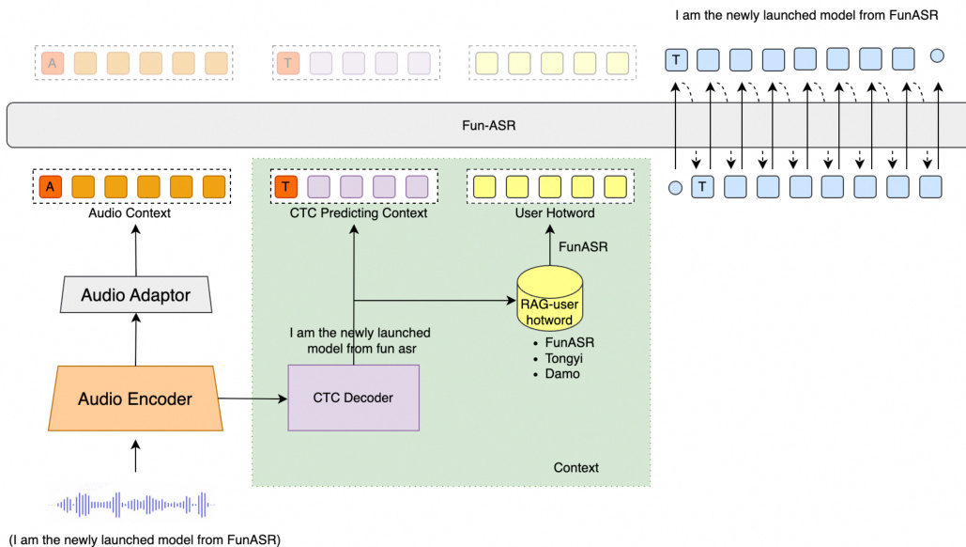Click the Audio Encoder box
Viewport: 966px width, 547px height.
point(135,399)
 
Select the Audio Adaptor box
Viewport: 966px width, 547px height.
point(135,295)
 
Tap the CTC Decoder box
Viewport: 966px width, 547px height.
point(353,398)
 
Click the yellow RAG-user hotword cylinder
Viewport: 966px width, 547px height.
point(549,299)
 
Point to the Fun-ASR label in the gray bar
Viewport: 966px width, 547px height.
point(488,124)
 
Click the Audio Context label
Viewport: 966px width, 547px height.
point(130,213)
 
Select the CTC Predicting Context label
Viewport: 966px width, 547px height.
point(358,213)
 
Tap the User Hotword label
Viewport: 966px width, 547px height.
point(549,213)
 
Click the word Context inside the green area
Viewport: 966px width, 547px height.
point(575,467)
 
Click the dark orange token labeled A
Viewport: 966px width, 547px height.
point(50,186)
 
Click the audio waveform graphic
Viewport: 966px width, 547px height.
point(135,505)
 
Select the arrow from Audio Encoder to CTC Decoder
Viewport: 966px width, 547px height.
point(255,399)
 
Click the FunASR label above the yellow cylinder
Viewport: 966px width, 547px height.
point(583,247)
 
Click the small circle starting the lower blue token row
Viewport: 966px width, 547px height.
point(675,188)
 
